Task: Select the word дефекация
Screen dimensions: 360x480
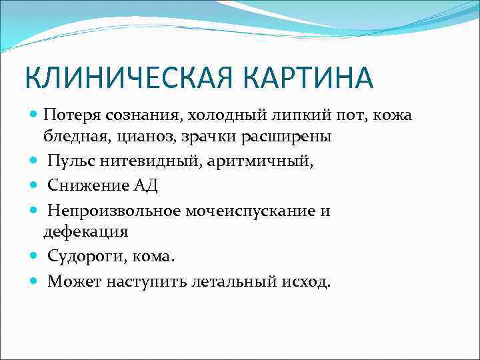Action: point(85,231)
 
